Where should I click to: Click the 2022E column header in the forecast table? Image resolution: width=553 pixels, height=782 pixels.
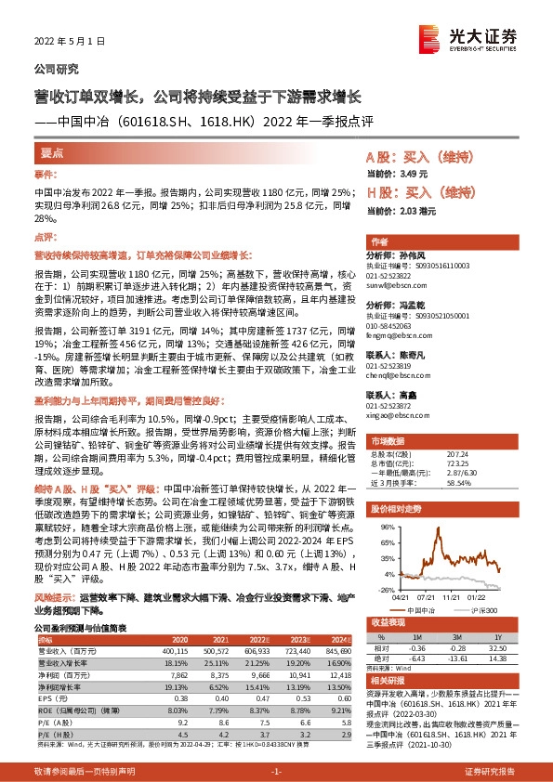click(x=265, y=641)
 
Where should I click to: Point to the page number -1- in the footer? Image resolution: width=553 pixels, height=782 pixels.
click(x=275, y=771)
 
